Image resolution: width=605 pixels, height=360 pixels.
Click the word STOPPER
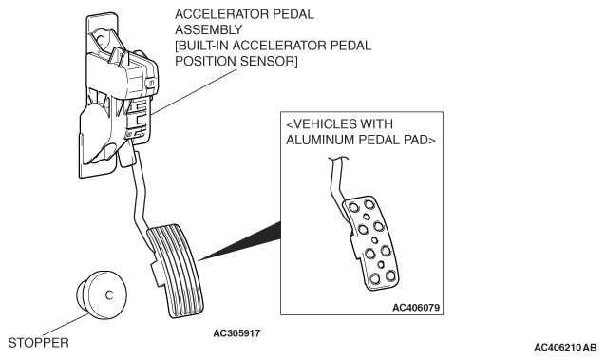click(x=39, y=343)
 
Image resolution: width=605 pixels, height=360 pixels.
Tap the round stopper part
click(x=103, y=294)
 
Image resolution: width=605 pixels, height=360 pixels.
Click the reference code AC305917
click(x=236, y=333)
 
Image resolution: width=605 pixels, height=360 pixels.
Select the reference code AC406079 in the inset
click(x=416, y=308)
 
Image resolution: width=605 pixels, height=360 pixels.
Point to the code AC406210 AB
click(x=565, y=348)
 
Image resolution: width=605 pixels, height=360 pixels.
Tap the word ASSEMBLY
click(x=208, y=29)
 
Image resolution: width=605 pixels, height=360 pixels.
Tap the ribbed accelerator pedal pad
click(x=176, y=271)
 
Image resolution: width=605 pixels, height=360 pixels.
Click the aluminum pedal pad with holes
click(x=372, y=243)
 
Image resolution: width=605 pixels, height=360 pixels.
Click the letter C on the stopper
click(x=109, y=295)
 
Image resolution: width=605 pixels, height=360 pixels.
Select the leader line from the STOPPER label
click(x=65, y=325)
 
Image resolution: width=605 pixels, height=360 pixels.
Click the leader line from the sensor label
click(x=194, y=92)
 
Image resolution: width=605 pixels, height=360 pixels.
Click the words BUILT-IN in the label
click(x=201, y=46)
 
